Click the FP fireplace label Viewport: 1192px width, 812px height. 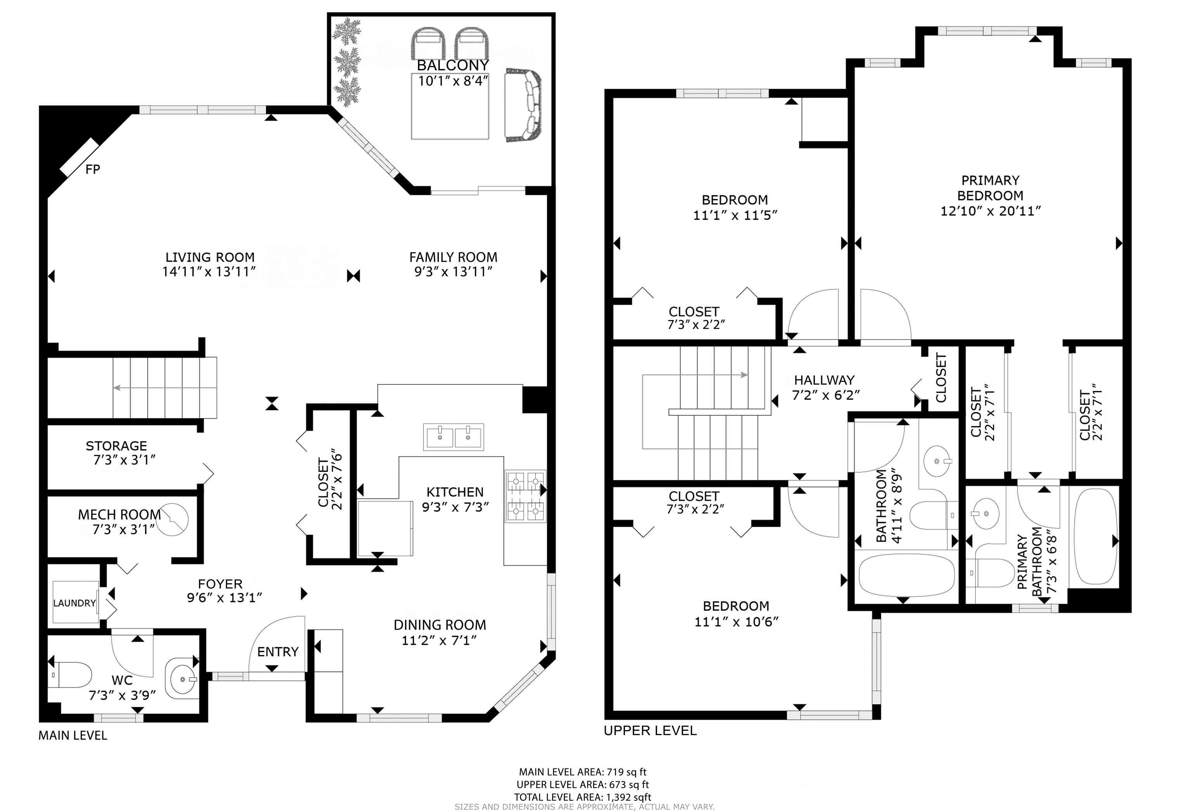click(93, 169)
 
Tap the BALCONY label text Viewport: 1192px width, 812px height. click(452, 65)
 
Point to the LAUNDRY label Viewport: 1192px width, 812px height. click(75, 603)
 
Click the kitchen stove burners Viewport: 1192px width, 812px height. click(525, 496)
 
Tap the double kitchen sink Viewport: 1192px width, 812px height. click(454, 436)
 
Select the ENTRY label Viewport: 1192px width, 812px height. click(277, 651)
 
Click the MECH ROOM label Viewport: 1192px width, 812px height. click(120, 514)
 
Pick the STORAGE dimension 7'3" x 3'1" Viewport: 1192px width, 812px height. click(124, 460)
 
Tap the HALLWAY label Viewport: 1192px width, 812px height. click(824, 380)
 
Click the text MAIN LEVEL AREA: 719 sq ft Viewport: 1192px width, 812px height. click(583, 772)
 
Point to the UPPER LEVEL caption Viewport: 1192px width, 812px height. click(650, 731)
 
